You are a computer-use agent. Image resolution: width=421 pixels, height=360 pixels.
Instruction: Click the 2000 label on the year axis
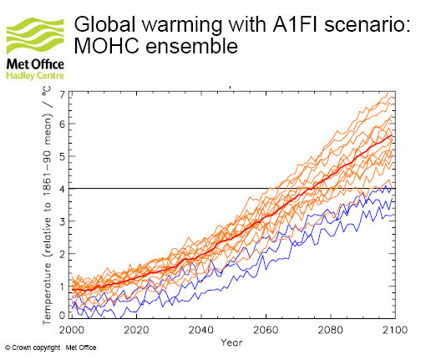click(72, 330)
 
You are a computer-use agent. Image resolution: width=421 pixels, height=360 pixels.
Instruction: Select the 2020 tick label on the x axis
click(136, 330)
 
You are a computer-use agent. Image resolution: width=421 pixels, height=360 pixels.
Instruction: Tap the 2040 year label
click(201, 330)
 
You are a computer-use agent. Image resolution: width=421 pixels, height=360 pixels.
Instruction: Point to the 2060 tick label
click(266, 330)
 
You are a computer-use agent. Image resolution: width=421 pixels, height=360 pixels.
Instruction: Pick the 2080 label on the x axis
click(331, 330)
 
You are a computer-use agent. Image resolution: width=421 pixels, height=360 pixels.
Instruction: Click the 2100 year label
click(395, 330)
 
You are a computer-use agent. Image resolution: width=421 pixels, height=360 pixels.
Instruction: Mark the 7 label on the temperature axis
click(63, 95)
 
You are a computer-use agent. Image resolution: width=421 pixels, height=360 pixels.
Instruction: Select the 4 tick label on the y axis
click(63, 189)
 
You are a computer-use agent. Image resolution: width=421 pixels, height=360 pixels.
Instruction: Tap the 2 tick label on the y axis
click(63, 254)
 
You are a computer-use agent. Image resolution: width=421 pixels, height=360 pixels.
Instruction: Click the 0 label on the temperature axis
click(63, 315)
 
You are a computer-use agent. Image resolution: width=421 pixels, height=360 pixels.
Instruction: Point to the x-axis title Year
click(231, 342)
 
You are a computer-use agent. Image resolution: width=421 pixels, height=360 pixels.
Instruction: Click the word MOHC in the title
click(106, 45)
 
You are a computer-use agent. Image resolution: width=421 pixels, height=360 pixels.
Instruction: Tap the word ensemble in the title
click(192, 45)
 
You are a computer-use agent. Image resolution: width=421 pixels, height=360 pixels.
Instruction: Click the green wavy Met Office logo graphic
click(35, 36)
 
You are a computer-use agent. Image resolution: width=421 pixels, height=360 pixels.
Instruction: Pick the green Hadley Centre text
click(35, 75)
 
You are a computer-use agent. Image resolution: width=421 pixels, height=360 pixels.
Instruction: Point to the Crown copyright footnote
click(51, 347)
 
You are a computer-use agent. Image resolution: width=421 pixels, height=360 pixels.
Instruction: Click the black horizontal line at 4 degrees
click(232, 189)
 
